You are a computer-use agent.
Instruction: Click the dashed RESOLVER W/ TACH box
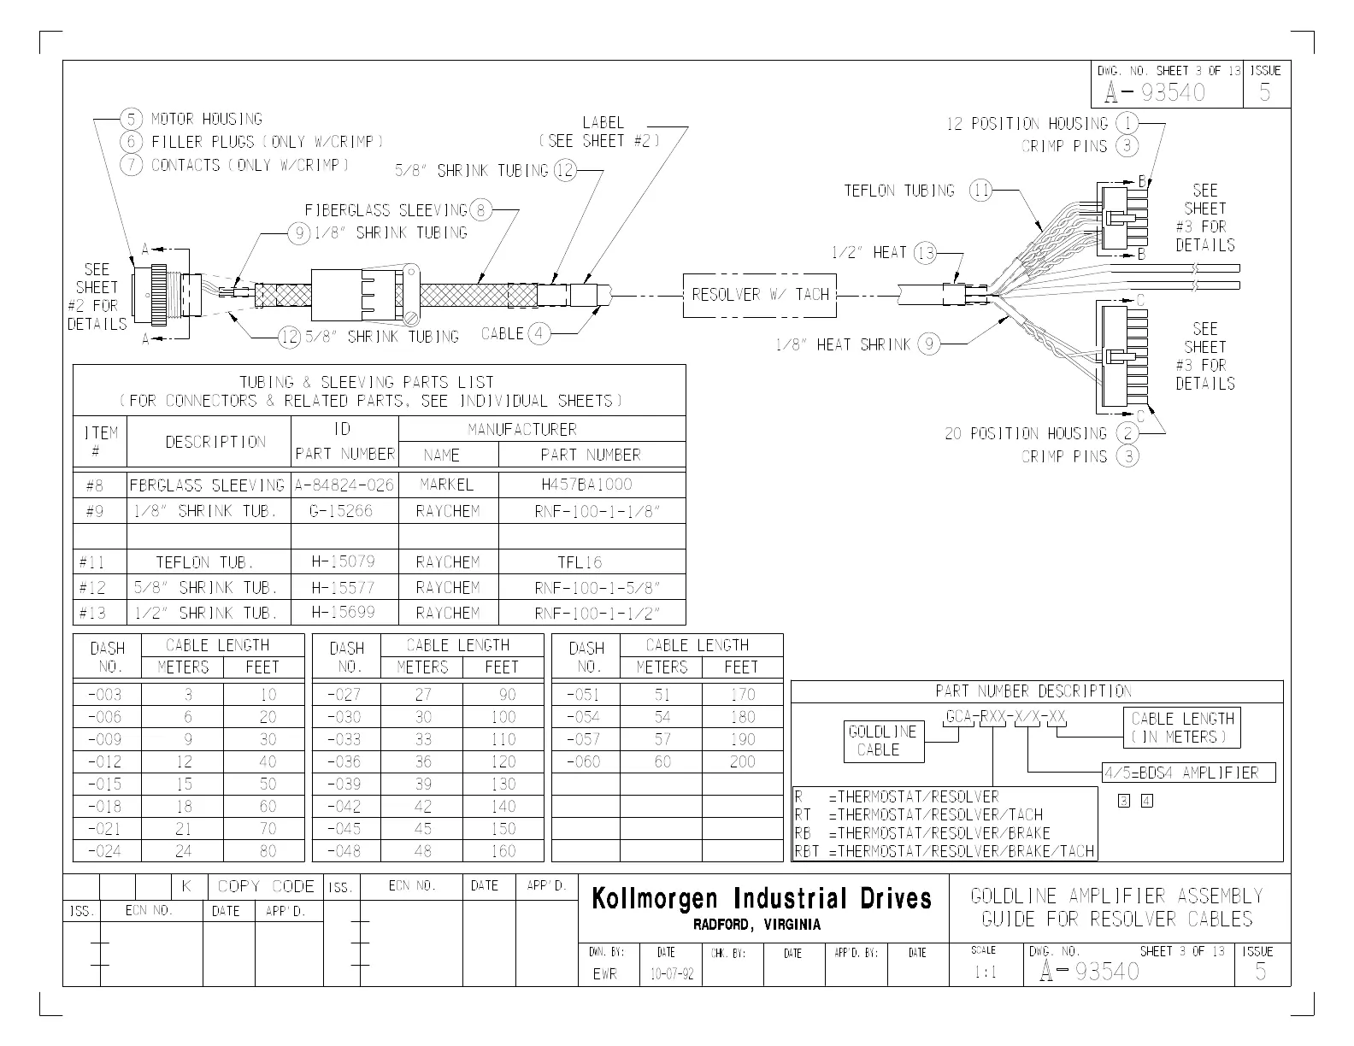click(760, 295)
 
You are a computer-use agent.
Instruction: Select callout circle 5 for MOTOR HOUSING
click(131, 119)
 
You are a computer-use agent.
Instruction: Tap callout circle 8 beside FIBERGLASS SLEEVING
click(481, 209)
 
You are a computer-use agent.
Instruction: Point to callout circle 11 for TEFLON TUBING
click(980, 191)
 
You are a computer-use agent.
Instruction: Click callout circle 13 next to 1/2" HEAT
click(925, 252)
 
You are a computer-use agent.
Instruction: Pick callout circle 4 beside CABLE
click(539, 333)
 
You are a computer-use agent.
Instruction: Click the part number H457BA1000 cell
click(586, 485)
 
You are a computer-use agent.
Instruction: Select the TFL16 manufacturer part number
click(580, 561)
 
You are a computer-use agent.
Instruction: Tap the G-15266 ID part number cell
click(344, 511)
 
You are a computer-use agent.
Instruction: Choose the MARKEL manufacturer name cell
click(446, 485)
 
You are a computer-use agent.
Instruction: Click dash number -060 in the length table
click(584, 761)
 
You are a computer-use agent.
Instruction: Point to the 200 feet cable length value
click(742, 761)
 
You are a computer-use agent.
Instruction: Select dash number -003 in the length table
click(105, 695)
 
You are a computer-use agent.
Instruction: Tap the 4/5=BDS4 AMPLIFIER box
click(1188, 773)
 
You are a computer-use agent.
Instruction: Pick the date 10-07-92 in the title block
click(670, 973)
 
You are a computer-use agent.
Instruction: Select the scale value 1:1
click(985, 973)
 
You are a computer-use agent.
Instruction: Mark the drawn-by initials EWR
click(604, 973)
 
